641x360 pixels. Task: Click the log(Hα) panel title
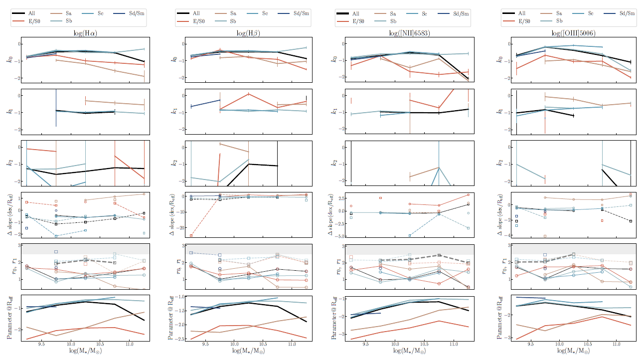84,33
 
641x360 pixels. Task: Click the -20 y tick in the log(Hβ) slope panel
181,228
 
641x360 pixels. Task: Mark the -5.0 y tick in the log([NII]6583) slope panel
342,236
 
